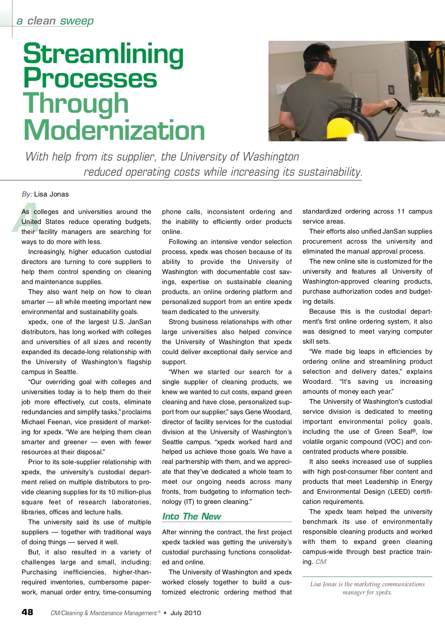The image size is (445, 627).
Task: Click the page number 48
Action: (27, 612)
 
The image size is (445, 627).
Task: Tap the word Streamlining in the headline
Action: (103, 54)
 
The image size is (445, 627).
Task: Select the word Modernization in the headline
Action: (114, 130)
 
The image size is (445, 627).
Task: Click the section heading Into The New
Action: (191, 517)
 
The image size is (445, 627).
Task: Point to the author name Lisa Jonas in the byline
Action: (51, 194)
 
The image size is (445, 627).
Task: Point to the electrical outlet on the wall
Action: (391, 90)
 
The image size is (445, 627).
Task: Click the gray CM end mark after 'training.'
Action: (321, 562)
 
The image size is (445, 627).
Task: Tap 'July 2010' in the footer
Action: (185, 613)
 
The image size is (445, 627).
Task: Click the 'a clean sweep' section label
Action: (55, 21)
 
